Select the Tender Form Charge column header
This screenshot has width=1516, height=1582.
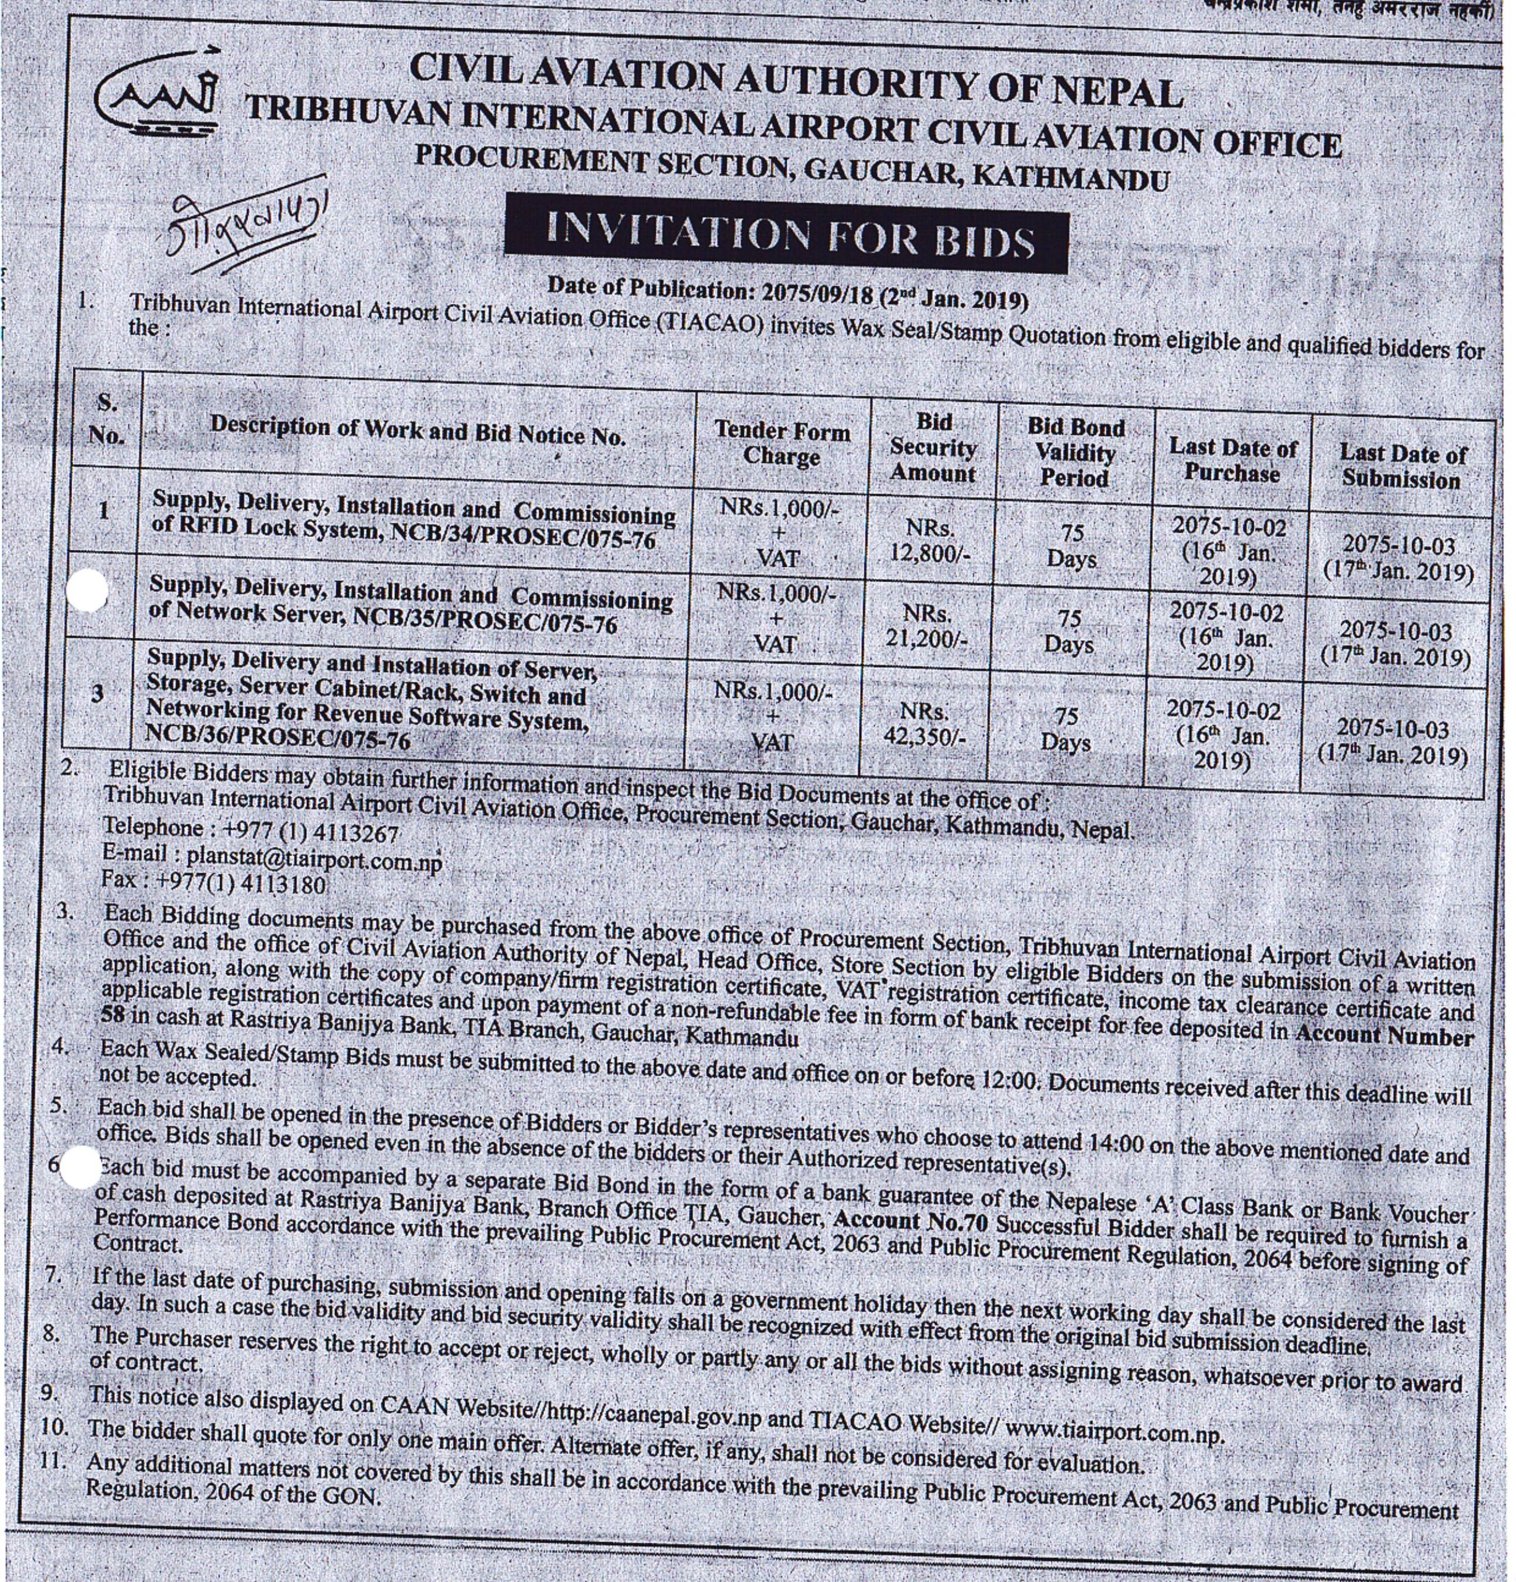(781, 443)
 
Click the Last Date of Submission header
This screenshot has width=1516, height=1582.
(1402, 467)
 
